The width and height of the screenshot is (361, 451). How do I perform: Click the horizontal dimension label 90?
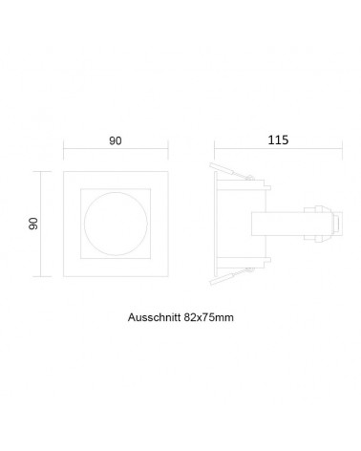116,140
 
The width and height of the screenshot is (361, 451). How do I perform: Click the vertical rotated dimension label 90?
33,224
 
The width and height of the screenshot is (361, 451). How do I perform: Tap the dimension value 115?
278,140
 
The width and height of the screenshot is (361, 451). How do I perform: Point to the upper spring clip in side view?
231,172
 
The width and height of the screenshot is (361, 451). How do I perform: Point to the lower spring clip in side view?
231,276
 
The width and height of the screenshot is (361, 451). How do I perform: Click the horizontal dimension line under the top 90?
116,148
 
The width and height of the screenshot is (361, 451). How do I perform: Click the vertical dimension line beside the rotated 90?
41,224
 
